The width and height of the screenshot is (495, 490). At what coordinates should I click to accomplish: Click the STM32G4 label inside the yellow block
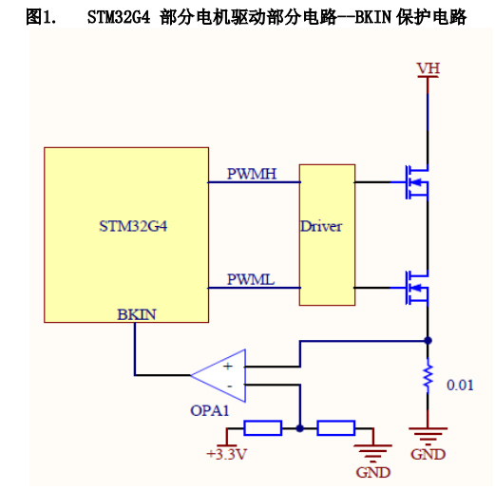[133, 226]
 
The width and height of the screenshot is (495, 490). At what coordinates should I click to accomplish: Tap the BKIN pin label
[137, 314]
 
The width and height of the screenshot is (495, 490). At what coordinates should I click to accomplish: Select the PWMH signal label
[252, 174]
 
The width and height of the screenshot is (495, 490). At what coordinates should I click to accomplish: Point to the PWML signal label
[251, 279]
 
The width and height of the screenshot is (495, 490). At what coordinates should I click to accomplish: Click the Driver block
[327, 235]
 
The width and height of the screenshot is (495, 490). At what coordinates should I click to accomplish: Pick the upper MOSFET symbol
[417, 182]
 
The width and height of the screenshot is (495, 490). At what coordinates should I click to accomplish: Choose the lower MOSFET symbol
[417, 288]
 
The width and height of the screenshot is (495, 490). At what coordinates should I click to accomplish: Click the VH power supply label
[428, 68]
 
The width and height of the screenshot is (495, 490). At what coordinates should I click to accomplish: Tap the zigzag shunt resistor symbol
[428, 376]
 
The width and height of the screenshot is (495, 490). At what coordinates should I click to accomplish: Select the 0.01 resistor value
[460, 385]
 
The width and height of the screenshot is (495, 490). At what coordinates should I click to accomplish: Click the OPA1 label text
[210, 410]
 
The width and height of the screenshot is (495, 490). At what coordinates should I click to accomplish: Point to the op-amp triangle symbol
[219, 375]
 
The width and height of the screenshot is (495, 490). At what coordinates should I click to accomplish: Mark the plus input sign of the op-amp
[228, 367]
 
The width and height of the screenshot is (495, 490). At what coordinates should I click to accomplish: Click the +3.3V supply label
[226, 454]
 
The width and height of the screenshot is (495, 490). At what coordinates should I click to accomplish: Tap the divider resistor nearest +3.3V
[263, 428]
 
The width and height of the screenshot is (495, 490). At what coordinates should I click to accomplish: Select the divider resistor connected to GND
[336, 428]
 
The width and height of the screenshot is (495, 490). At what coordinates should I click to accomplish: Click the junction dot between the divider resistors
[299, 428]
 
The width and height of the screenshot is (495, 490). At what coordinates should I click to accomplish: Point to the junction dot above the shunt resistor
[428, 341]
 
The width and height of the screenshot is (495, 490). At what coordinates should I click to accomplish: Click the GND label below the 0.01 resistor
[428, 455]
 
